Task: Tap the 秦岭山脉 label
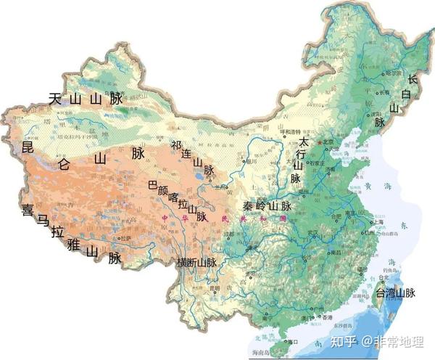268,205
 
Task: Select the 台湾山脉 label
395,293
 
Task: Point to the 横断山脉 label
197,262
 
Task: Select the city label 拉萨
125,238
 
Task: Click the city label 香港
328,317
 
